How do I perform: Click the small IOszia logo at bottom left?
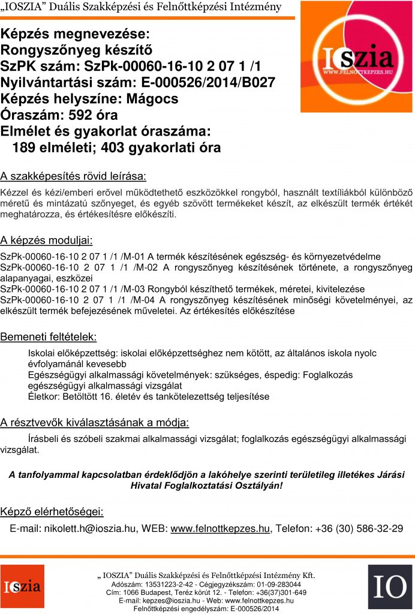pyautogui.click(x=22, y=586)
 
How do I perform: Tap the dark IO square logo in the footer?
pyautogui.click(x=389, y=586)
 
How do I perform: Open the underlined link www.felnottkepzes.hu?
pyautogui.click(x=220, y=529)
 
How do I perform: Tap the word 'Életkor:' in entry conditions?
pyautogui.click(x=46, y=397)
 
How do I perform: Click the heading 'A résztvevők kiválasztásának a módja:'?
pyautogui.click(x=95, y=423)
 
